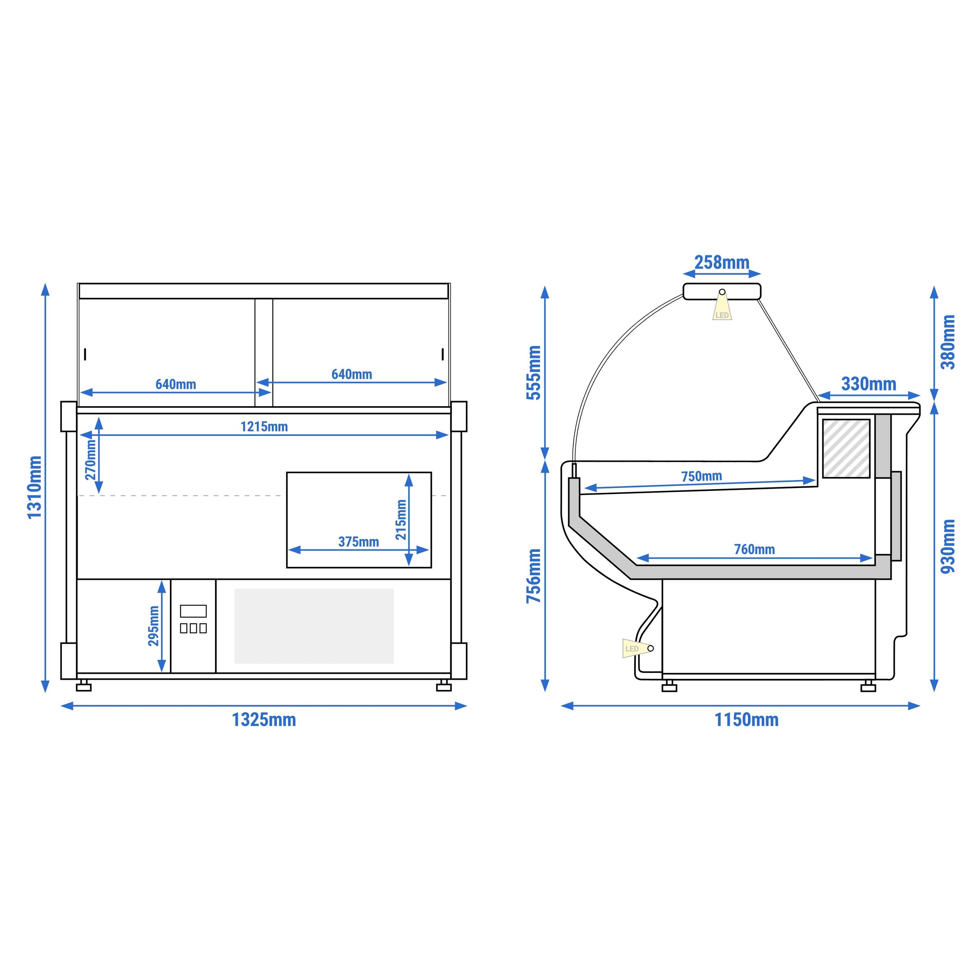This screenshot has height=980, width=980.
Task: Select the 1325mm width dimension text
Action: (264, 720)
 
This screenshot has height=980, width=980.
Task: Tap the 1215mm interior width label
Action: (264, 426)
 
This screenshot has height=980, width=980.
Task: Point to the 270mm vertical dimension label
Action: (90, 459)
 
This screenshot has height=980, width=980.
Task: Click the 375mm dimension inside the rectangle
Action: (359, 542)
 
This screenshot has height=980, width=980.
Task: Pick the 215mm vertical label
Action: (401, 519)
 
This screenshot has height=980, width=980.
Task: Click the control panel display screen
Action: (193, 611)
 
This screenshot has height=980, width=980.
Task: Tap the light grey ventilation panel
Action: (314, 626)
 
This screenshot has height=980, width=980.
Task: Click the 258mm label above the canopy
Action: (722, 263)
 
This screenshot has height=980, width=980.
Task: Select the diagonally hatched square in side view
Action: (846, 448)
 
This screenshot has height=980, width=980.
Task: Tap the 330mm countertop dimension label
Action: (868, 384)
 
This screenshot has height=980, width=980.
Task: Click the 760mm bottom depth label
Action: (754, 549)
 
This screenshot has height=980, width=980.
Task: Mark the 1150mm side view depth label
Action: (746, 720)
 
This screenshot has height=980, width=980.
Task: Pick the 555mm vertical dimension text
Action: (534, 373)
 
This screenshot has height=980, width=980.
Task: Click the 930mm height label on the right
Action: (947, 546)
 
